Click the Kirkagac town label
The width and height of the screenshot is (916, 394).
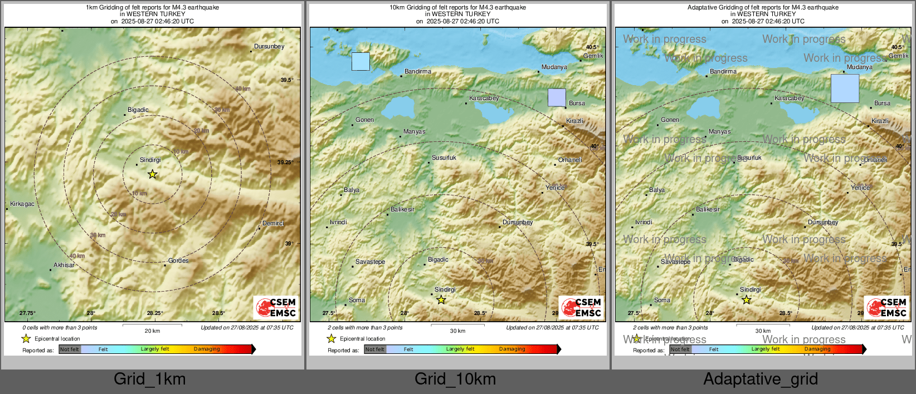[22, 204]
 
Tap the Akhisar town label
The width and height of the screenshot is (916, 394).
[64, 265]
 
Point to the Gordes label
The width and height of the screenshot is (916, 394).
[178, 261]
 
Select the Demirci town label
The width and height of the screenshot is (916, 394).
[273, 224]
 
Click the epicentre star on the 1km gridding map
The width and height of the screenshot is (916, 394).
[152, 174]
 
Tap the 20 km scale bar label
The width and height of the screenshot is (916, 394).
[152, 331]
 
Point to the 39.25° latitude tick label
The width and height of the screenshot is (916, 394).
[285, 162]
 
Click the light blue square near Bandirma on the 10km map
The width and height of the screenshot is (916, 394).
[360, 61]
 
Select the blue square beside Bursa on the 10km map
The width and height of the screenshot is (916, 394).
[557, 97]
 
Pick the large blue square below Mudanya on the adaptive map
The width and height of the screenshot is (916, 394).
[845, 88]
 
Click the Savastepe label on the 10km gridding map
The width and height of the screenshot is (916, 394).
[371, 262]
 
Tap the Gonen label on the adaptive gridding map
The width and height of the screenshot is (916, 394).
[670, 120]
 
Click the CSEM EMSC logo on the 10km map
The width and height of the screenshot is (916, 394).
[581, 308]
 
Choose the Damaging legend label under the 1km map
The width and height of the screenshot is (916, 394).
[207, 349]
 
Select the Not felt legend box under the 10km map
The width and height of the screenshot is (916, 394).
[375, 349]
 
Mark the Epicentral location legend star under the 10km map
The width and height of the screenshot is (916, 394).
[332, 338]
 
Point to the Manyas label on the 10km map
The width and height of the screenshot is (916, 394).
[415, 132]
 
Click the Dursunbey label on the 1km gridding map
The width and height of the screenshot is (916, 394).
[269, 47]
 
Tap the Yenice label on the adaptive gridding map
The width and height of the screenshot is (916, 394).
[860, 188]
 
